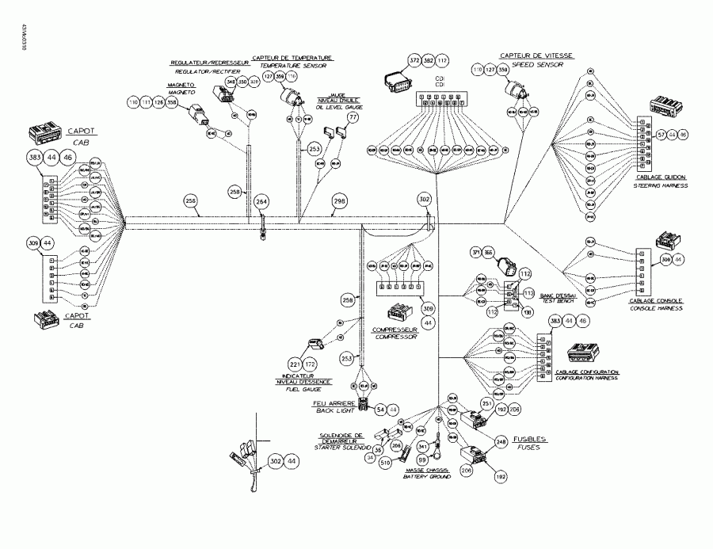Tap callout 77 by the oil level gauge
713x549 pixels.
point(353,117)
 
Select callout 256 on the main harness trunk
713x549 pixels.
point(190,200)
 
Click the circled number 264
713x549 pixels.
point(261,201)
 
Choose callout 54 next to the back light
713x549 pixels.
point(381,409)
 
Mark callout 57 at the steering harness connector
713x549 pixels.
point(660,135)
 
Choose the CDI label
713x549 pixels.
point(440,80)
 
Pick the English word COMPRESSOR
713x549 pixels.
point(396,336)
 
